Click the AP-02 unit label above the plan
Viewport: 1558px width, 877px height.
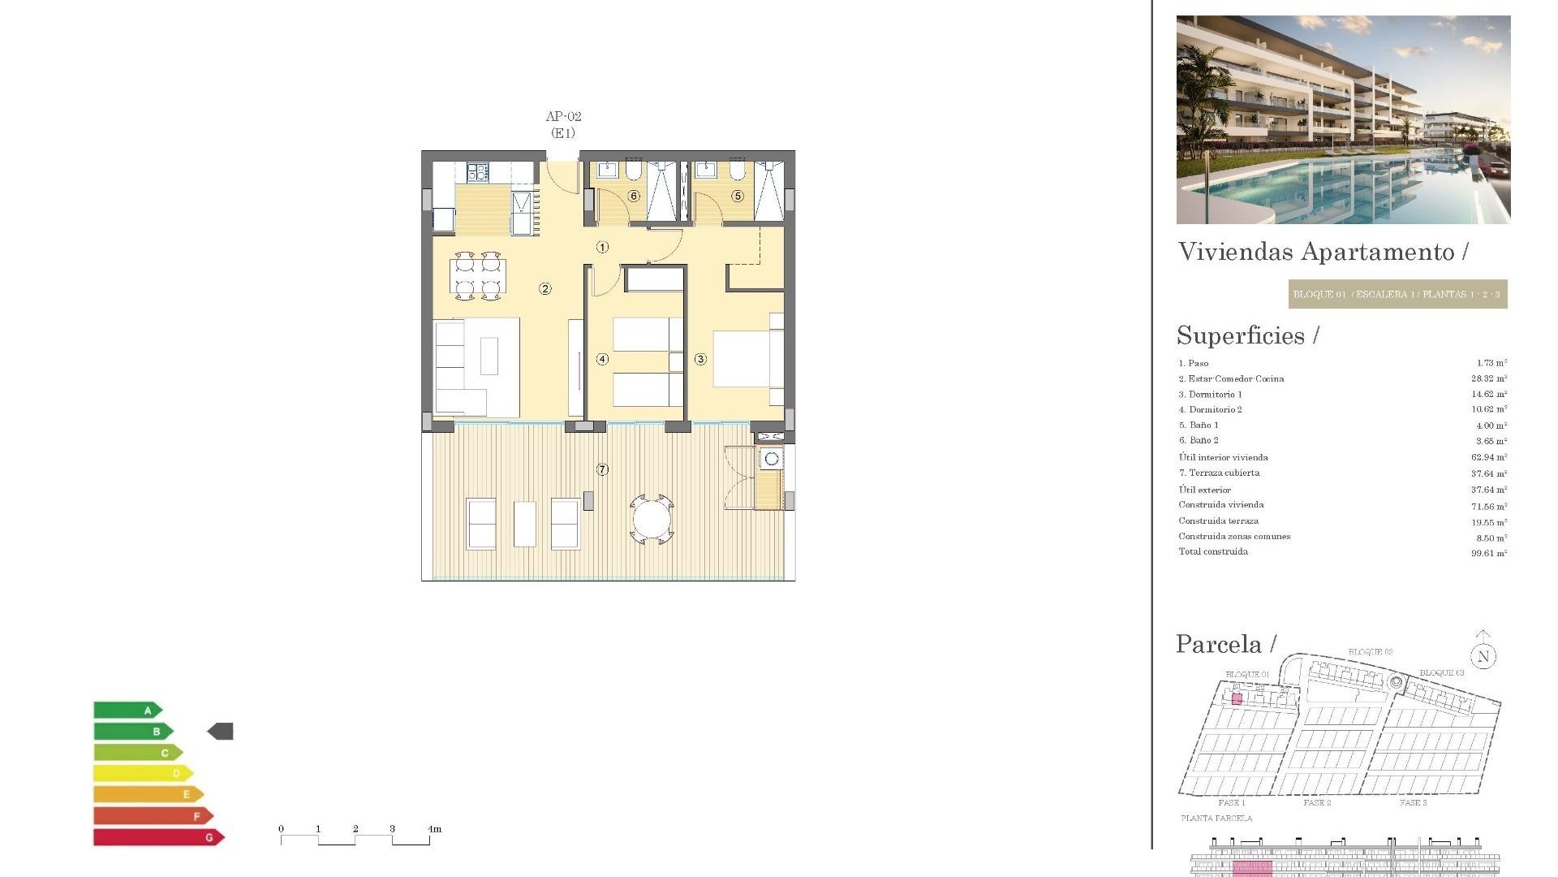click(x=563, y=117)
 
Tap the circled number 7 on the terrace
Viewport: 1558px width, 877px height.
click(x=602, y=469)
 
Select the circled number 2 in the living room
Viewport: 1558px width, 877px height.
click(x=545, y=288)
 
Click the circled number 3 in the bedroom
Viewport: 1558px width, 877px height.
click(x=700, y=359)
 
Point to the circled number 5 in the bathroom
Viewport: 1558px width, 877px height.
click(x=738, y=196)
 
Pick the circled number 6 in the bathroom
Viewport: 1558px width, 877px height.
click(x=634, y=196)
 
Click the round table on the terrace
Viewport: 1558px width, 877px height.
click(x=652, y=520)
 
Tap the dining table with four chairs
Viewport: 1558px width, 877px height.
click(x=478, y=276)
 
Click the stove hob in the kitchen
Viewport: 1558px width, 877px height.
click(x=477, y=172)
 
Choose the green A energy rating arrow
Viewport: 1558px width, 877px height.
click(x=128, y=711)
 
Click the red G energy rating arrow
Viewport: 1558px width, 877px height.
click(x=158, y=837)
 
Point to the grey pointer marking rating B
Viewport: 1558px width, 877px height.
click(x=221, y=732)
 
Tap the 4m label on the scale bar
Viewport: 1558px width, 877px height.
click(x=435, y=829)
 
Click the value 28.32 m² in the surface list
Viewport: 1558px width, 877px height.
click(x=1489, y=378)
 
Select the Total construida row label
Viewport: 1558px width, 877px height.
click(x=1213, y=552)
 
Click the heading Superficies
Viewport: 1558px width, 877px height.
click(x=1241, y=335)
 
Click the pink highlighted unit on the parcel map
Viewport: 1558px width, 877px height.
click(x=1237, y=698)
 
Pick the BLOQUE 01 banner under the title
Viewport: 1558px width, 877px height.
click(x=1397, y=294)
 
